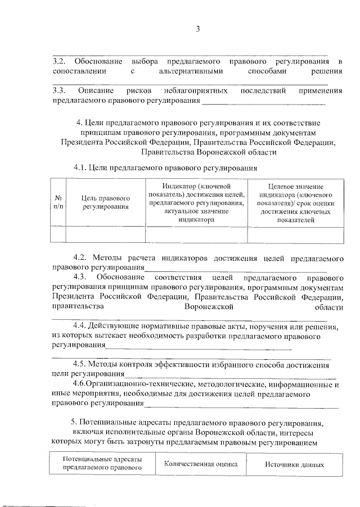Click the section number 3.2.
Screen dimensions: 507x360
pos(59,60)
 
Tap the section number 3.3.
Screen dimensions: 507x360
pos(59,90)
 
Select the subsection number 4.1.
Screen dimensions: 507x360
pos(82,167)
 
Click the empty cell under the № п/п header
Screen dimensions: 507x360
pos(58,234)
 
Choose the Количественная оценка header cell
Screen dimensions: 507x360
pos(201,464)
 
